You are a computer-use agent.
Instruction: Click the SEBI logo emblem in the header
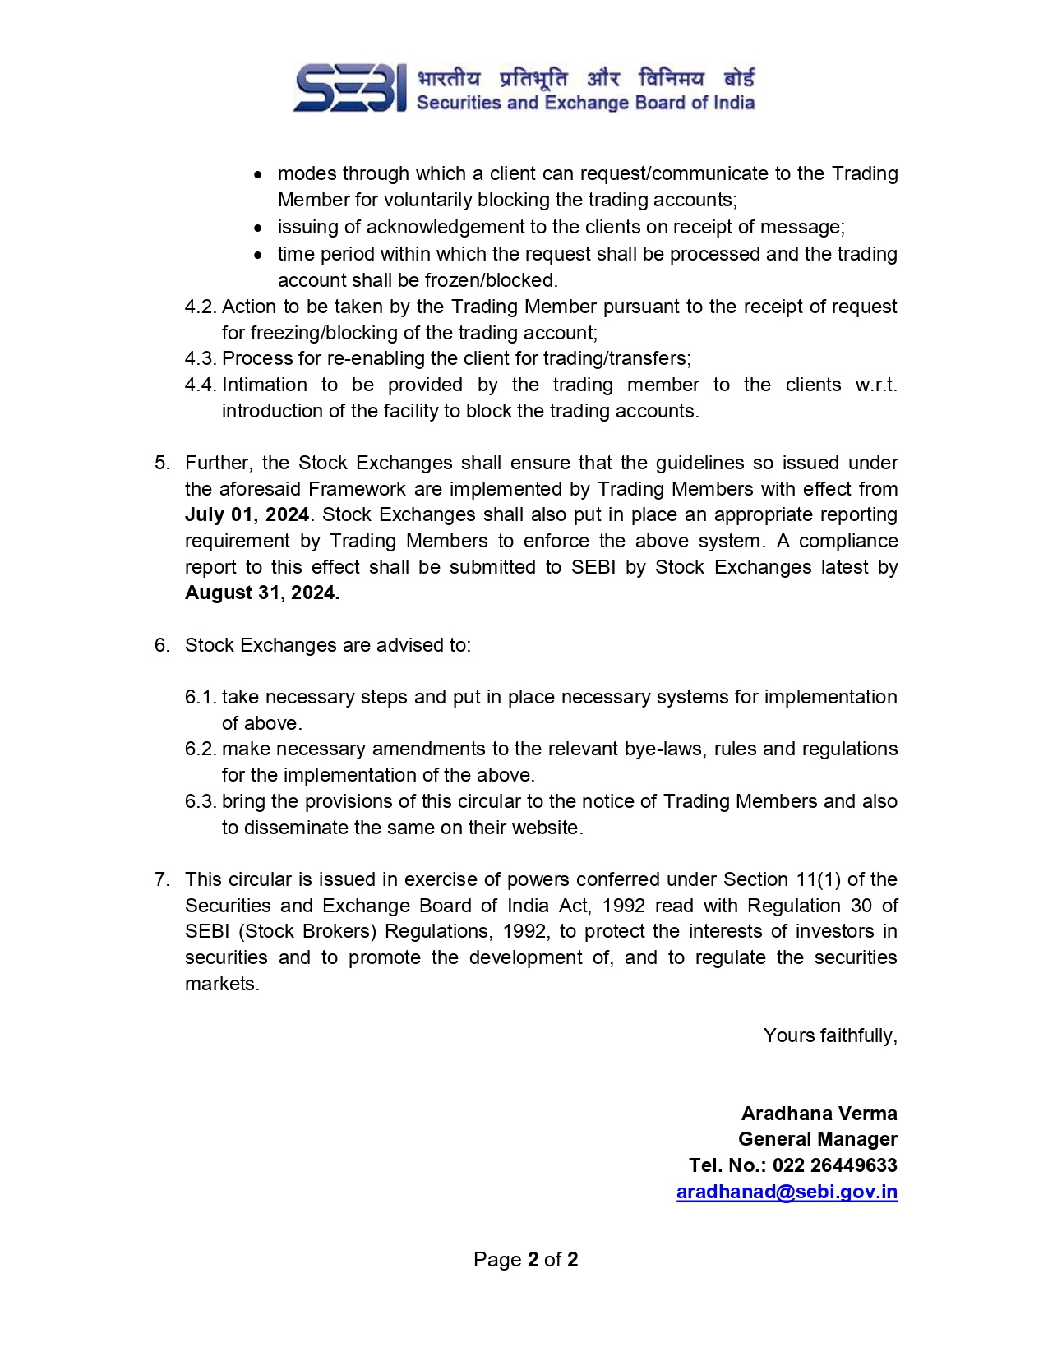[350, 88]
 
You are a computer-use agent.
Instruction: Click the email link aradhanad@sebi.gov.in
[787, 1192]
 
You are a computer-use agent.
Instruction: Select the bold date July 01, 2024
[247, 515]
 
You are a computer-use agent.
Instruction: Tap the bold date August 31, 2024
[261, 593]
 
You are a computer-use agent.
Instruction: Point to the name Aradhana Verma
[819, 1114]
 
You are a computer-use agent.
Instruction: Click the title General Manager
[817, 1139]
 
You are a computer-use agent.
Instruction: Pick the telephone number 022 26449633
[834, 1165]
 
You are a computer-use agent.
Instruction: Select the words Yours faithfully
[829, 1035]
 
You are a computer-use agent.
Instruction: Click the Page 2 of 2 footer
[525, 1260]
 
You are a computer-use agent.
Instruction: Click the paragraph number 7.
[161, 880]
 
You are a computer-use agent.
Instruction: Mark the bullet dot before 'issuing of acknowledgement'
[259, 228]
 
